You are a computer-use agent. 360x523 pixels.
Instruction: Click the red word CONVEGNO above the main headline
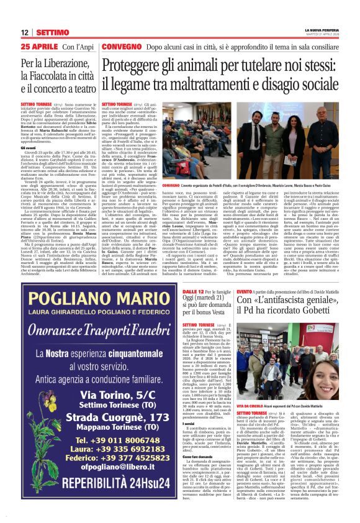tap(122, 47)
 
